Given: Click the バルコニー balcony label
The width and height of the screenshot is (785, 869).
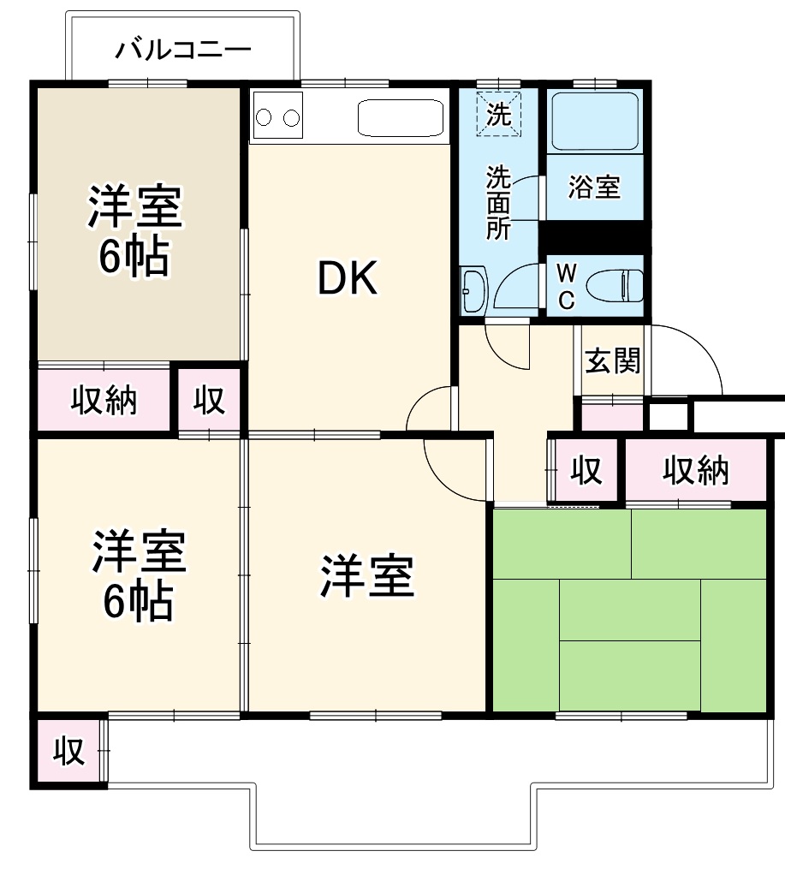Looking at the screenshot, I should [x=183, y=50].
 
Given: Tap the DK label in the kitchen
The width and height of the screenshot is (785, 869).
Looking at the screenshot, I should [x=348, y=278].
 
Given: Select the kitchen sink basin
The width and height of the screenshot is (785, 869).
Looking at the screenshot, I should [x=401, y=117].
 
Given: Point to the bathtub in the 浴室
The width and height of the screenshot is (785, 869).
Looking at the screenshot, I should [x=595, y=121].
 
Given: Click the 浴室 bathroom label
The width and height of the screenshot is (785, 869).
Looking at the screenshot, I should [x=594, y=187].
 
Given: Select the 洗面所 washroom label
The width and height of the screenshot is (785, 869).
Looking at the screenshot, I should [x=498, y=203].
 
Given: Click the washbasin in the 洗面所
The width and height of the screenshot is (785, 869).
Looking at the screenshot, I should [x=473, y=289].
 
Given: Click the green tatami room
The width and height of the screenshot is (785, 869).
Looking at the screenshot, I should [x=629, y=609].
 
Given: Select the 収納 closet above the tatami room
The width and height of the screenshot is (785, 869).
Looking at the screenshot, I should [x=695, y=470].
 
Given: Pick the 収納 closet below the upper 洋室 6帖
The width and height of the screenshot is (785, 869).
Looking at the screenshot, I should [x=104, y=400].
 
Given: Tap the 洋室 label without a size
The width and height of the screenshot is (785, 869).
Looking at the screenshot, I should [x=367, y=576].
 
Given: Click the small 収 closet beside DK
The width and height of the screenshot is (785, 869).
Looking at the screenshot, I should [x=209, y=400].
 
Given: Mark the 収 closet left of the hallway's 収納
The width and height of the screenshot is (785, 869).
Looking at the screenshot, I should [x=586, y=470].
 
